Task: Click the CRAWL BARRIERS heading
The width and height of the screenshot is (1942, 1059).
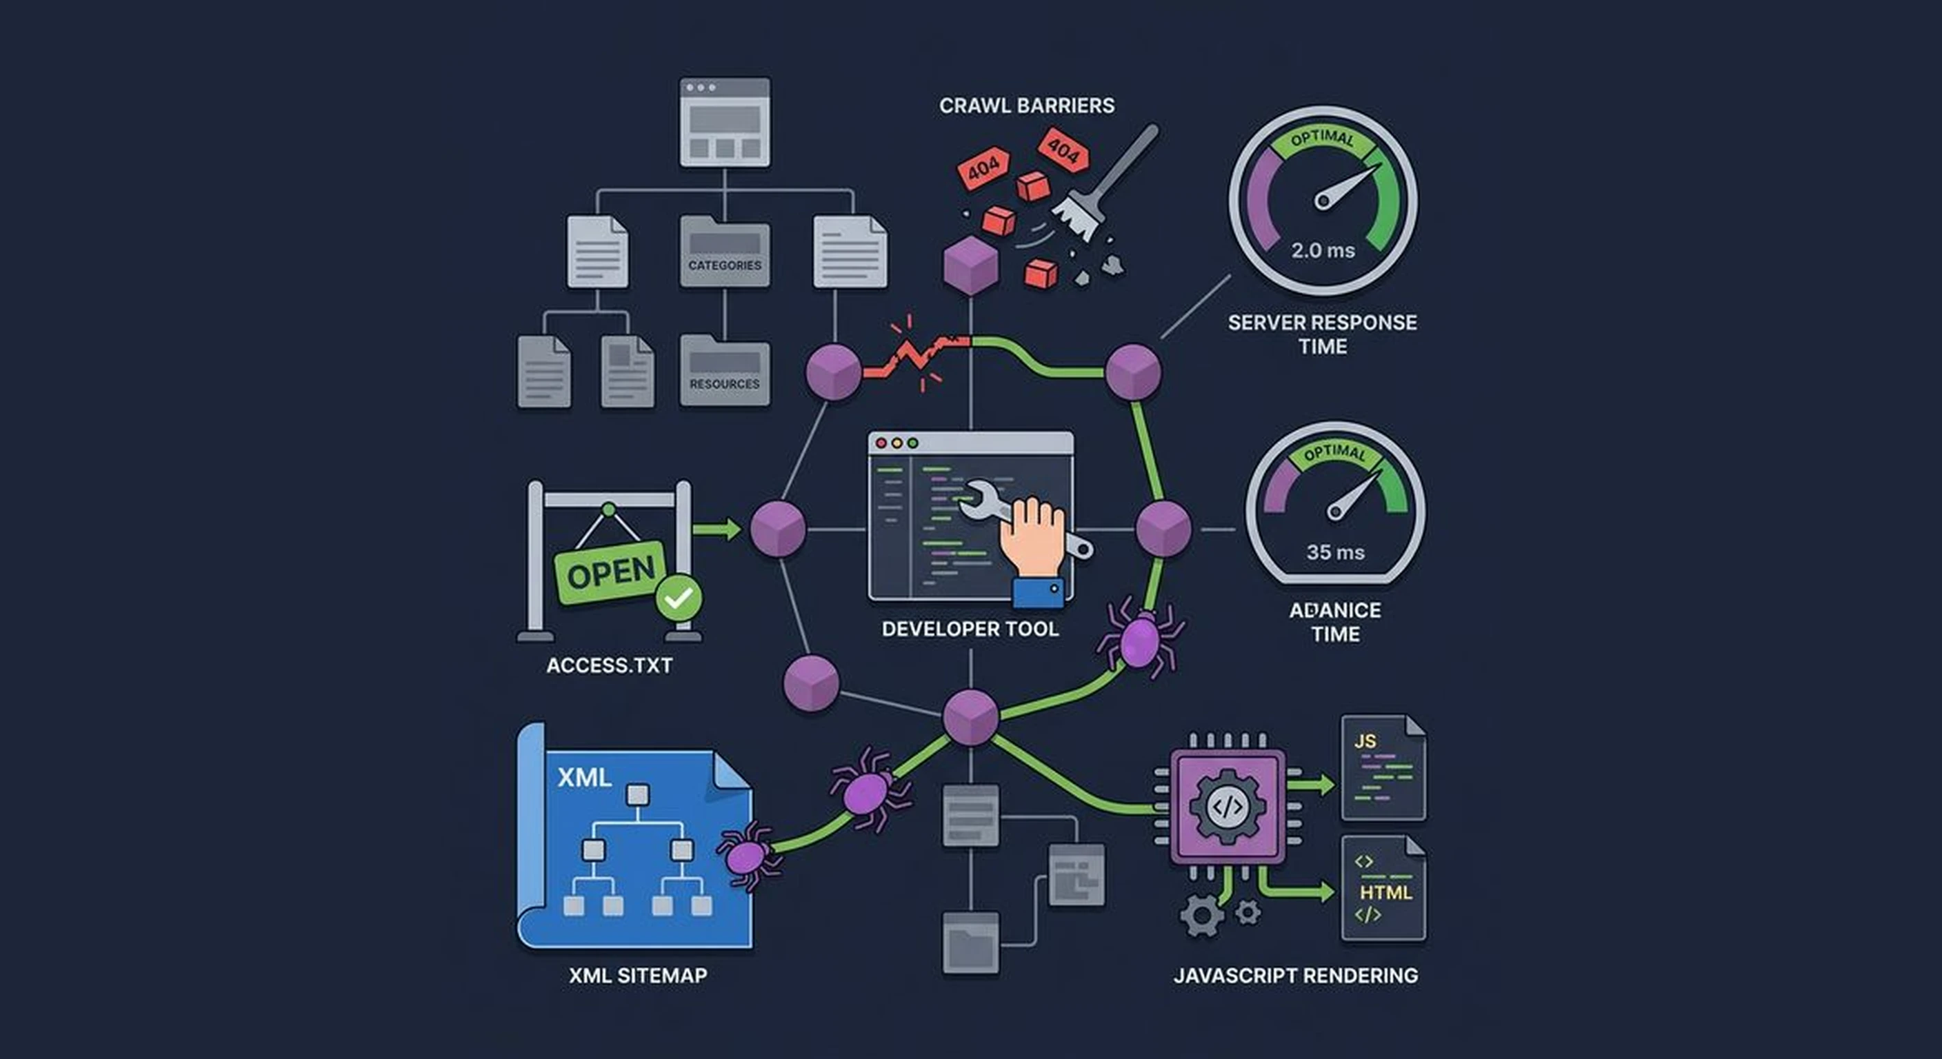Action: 1026,105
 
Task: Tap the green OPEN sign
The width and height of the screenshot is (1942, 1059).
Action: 610,573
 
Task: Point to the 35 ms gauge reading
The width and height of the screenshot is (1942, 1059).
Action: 1335,552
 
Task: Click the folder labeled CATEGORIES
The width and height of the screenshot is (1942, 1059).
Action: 725,252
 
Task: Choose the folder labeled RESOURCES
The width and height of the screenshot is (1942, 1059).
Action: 725,371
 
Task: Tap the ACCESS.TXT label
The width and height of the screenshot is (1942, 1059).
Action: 609,665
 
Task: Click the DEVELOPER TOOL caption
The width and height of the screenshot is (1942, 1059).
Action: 970,629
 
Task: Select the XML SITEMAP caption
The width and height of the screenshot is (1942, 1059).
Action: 638,976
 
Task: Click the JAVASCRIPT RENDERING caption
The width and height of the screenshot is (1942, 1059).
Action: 1295,976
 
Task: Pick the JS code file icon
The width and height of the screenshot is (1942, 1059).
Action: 1383,767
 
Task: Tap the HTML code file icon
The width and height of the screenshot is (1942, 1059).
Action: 1383,888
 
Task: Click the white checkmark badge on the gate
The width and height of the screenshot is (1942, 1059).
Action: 679,598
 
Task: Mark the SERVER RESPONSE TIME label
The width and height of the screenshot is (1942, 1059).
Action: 1322,334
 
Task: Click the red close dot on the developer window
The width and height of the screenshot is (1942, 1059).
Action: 881,443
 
